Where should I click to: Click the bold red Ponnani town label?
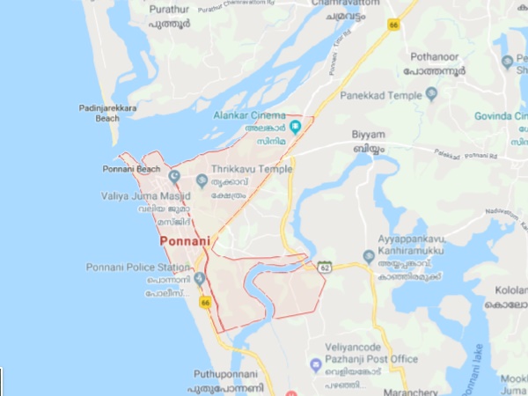pyautogui.click(x=183, y=239)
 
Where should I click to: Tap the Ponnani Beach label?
pyautogui.click(x=131, y=169)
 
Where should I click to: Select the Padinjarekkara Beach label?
pyautogui.click(x=106, y=113)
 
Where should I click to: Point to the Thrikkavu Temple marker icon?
pyautogui.click(x=202, y=180)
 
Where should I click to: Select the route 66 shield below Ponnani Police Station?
pyautogui.click(x=205, y=303)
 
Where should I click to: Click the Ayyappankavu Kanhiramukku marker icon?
pyautogui.click(x=369, y=256)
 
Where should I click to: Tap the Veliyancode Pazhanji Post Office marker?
pyautogui.click(x=314, y=364)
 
